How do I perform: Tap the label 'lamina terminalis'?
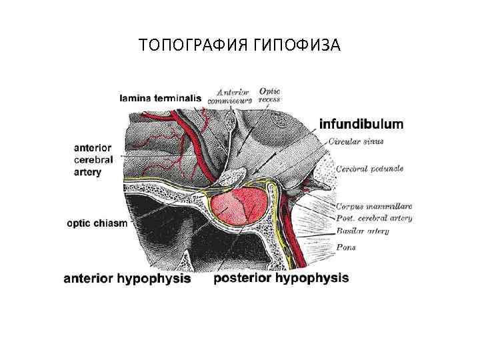click(159, 97)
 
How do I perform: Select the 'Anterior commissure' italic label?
click(230, 96)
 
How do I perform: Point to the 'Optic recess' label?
click(269, 95)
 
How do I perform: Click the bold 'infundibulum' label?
click(361, 124)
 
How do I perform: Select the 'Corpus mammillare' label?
click(374, 207)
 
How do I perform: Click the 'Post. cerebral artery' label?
click(374, 219)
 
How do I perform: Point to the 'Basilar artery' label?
click(363, 231)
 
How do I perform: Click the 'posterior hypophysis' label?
click(281, 277)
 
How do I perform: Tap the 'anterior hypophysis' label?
click(127, 279)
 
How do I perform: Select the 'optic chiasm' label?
click(97, 224)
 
